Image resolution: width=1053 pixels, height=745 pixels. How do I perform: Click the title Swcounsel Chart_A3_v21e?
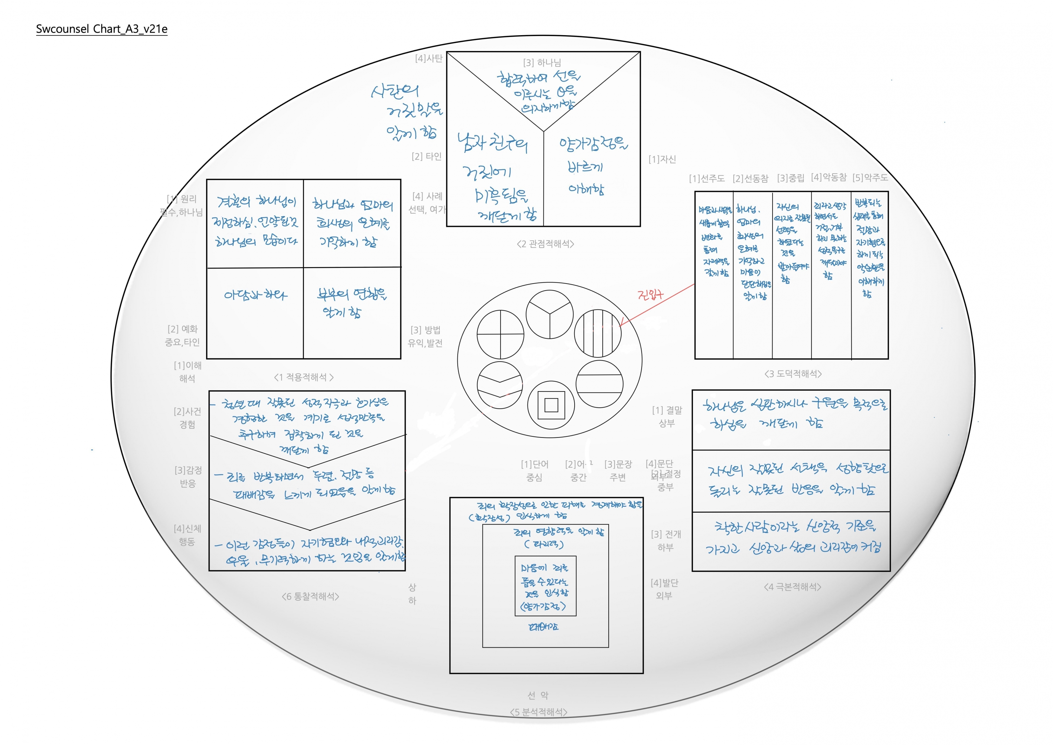101,29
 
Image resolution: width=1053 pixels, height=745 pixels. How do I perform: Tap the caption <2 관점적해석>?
545,244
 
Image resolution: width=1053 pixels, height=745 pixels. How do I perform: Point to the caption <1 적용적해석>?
304,377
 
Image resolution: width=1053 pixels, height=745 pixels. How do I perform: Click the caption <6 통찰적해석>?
311,596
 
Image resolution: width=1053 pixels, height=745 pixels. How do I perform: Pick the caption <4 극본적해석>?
793,587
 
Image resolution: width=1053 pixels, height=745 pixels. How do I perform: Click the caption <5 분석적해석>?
539,712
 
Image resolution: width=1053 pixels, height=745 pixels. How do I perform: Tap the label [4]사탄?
429,58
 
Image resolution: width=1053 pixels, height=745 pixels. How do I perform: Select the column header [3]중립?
791,178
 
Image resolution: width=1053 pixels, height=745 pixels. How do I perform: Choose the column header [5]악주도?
870,178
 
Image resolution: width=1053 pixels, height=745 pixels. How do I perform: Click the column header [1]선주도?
707,178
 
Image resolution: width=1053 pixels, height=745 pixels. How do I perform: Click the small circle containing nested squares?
551,405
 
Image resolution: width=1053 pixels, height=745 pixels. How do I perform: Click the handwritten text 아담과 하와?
256,295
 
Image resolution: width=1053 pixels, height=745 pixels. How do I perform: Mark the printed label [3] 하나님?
542,63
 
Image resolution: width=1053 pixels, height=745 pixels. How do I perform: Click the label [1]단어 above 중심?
535,464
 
